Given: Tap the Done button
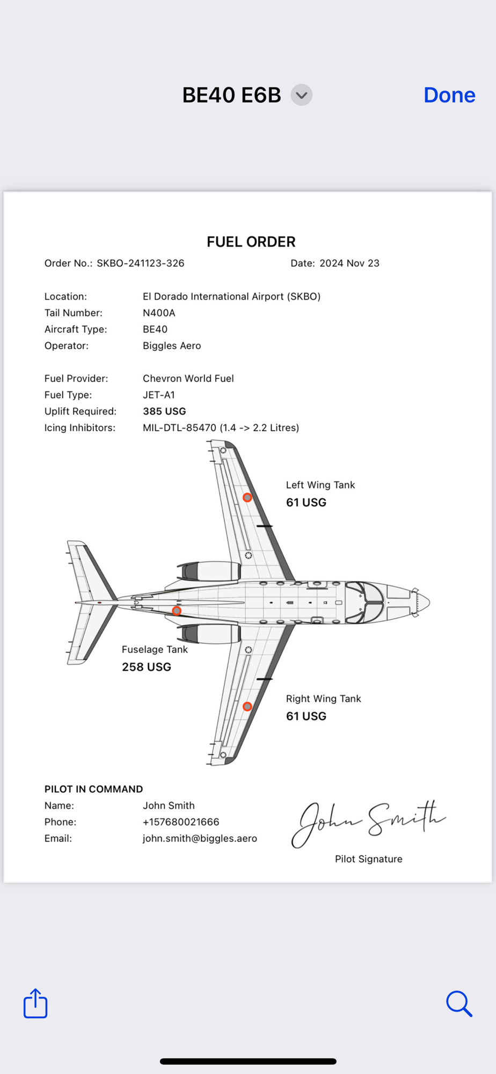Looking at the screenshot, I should click(449, 95).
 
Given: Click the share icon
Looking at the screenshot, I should click(35, 1003).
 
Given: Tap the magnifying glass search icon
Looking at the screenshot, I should click(459, 1003).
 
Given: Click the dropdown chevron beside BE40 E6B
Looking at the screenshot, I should click(302, 95).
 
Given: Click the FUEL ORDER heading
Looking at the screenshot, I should click(251, 242).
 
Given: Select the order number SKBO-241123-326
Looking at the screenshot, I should click(140, 263).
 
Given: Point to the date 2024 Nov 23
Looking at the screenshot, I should click(349, 263).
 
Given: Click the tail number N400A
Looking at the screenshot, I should click(159, 313).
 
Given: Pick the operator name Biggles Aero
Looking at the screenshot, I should click(172, 346).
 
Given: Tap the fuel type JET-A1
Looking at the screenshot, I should click(159, 395).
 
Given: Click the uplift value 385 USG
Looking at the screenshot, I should click(164, 411).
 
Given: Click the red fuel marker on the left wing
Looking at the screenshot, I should click(247, 498).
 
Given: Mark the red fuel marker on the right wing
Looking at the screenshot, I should click(247, 706).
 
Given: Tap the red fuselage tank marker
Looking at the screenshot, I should click(177, 611).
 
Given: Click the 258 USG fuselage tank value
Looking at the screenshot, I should click(147, 667).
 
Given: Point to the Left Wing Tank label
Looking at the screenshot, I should click(320, 485).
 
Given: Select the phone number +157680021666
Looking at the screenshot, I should click(181, 822).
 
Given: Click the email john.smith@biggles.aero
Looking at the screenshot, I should click(200, 839).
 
